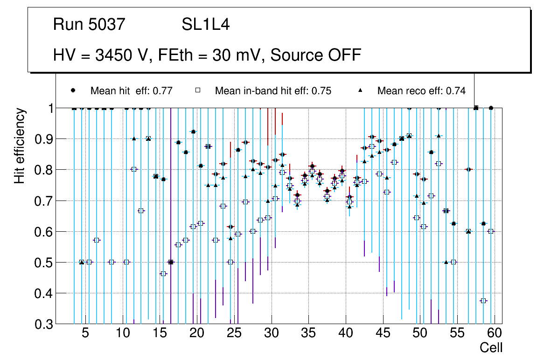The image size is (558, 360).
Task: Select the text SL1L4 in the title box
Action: pos(205,25)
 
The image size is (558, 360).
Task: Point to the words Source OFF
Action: pos(316,55)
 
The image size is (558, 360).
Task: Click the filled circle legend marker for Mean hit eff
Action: pos(73,90)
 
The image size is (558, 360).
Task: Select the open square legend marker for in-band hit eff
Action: pos(197,90)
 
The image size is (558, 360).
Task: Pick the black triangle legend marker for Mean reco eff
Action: pos(360,90)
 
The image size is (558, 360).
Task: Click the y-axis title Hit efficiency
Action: pos(19,146)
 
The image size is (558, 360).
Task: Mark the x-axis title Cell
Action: pos(491,348)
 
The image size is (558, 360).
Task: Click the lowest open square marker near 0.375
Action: pos(483,301)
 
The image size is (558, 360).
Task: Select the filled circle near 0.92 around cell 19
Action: pos(193,132)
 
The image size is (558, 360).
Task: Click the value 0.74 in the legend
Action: pos(456,91)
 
